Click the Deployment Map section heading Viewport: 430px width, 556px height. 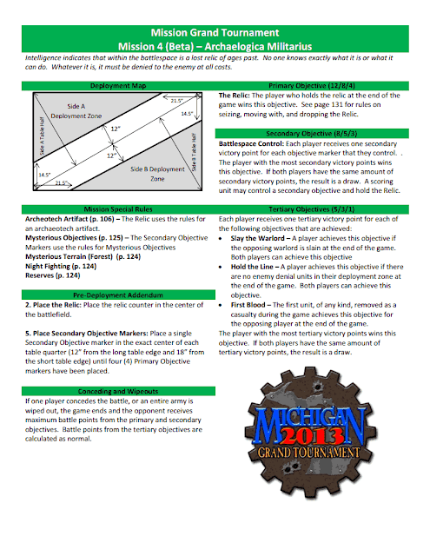tap(118, 86)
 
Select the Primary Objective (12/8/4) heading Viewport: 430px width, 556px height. tap(312, 86)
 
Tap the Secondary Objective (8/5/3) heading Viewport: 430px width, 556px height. tap(312, 134)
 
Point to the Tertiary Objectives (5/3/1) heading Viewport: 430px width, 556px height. tap(312, 209)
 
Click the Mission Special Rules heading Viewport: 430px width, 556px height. tap(118, 209)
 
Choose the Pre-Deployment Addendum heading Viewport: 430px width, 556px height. tap(118, 295)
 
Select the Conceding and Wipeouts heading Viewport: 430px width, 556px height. tap(118, 392)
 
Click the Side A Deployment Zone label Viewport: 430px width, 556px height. tap(76, 111)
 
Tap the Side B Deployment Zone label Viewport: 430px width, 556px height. tap(157, 174)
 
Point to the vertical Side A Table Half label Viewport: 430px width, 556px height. tap(42, 136)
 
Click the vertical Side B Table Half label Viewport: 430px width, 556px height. tap(194, 152)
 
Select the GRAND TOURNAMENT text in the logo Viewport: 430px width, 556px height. tap(308, 453)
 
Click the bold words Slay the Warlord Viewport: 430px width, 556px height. tap(258, 238)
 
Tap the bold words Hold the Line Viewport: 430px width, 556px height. tap(252, 267)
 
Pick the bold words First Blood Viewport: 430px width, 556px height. tap(248, 305)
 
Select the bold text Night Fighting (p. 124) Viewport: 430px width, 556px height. tap(61, 267)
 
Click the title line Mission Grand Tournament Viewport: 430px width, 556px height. tap(215, 33)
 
